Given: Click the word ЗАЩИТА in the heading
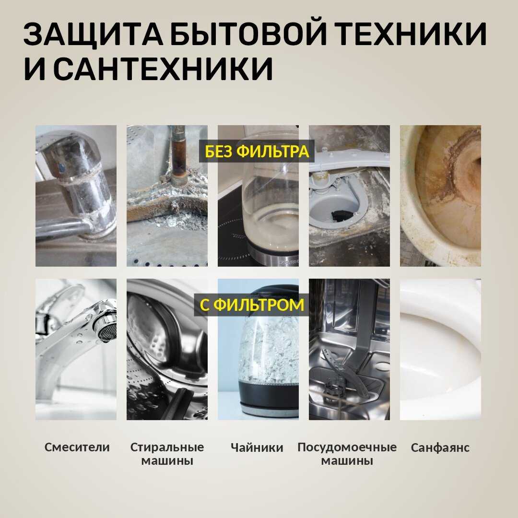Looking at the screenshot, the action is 94,34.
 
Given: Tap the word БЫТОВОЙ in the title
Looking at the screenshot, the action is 250,34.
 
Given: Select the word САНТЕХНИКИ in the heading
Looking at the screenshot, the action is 164,69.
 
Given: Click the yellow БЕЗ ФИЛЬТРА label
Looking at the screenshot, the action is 257,151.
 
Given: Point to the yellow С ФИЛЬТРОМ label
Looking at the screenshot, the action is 252,305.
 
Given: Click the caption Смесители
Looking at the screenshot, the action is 77,447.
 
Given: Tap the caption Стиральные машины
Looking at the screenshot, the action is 167,454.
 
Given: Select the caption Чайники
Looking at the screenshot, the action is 257,447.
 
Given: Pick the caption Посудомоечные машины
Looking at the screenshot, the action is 347,454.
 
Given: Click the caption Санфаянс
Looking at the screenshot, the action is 440,447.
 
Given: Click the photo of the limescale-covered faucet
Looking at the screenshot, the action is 76,196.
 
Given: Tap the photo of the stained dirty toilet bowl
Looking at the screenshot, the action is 440,196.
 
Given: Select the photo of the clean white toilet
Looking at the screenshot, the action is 440,349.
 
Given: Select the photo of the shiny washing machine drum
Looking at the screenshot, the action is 167,349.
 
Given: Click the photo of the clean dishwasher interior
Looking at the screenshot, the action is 349,349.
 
